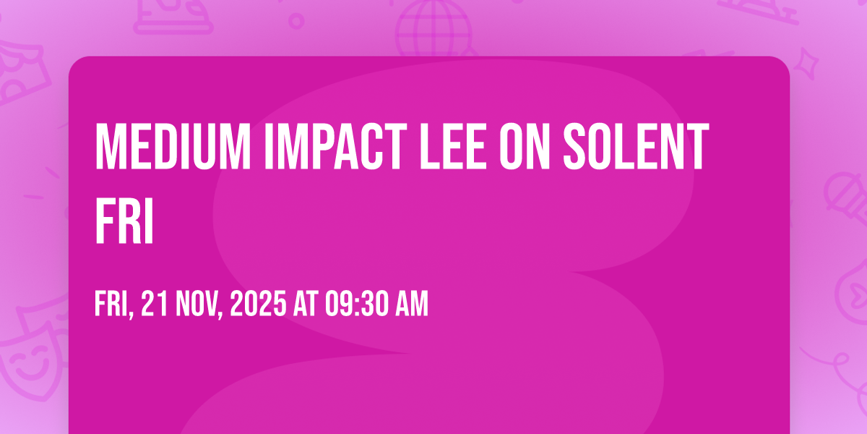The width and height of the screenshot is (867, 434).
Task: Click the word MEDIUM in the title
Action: tap(173, 146)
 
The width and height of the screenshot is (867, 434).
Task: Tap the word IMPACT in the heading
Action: tap(335, 146)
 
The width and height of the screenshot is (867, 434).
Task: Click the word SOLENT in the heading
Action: tap(636, 146)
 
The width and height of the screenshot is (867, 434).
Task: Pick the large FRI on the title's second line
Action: tap(124, 220)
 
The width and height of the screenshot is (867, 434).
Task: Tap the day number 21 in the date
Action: tap(155, 304)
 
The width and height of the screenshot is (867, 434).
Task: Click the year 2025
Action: tap(258, 304)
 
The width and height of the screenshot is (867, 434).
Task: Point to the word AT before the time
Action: tap(306, 304)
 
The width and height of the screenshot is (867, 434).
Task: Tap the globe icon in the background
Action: tap(433, 27)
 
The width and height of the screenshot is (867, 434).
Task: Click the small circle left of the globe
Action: tap(296, 21)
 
